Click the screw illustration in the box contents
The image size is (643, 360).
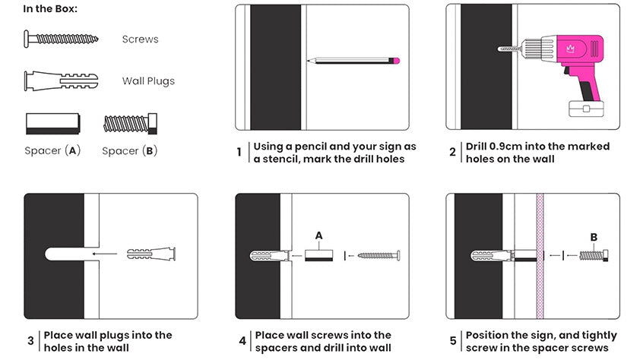61,39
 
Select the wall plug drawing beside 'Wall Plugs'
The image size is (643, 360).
61,81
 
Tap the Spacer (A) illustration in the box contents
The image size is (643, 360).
52,124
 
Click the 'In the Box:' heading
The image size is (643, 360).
50,8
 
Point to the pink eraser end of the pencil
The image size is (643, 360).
395,61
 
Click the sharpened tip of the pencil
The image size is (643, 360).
309,61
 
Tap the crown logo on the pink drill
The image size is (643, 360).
570,49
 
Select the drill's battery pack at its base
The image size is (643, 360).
586,109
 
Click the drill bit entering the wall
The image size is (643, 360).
508,49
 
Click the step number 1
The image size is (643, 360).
239,153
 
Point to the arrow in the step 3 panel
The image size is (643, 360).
105,254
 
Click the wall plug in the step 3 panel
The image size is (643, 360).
151,254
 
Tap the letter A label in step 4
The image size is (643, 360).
318,235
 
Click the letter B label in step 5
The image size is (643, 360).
594,237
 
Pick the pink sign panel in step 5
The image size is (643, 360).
540,256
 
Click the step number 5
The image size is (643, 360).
453,341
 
